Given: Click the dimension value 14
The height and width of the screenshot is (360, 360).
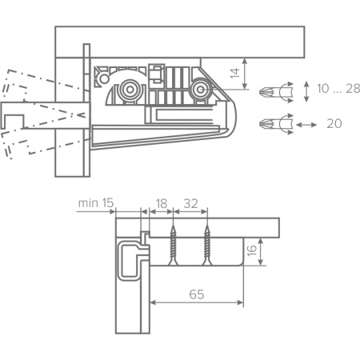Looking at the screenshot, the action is click(235, 74).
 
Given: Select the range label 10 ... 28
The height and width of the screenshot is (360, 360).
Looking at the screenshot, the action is click(338, 89).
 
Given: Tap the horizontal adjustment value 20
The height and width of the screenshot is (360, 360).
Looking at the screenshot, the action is click(334, 124).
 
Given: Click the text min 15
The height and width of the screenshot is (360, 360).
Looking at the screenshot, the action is click(96, 203).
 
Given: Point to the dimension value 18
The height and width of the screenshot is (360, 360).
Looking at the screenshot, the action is click(162, 204).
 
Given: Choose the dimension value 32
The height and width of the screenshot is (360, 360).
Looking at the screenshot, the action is click(190, 204).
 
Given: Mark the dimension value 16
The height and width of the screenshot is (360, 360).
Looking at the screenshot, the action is click(252, 250).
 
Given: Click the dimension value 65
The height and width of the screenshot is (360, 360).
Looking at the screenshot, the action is click(197, 294).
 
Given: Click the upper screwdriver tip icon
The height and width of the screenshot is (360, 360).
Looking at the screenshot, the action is click(276, 92).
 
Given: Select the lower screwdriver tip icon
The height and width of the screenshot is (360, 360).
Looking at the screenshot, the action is click(276, 124).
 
